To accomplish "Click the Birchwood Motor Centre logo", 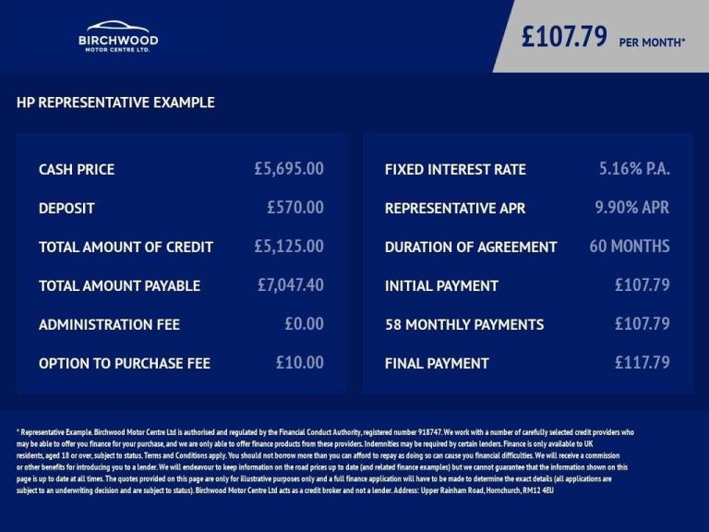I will [117, 37].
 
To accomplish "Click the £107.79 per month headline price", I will [603, 38].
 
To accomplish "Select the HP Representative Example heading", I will [115, 103].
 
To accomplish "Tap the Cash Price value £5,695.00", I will [289, 169].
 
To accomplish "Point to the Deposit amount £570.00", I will [295, 208].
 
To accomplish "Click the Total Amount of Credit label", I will [126, 248].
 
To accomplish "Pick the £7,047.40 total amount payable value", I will [291, 285].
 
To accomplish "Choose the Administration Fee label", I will [109, 325].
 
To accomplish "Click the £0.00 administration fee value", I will [304, 324].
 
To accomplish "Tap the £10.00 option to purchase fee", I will [300, 363].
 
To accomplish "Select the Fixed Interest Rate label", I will [455, 170].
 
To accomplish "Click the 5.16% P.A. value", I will [634, 169].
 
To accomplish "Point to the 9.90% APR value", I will [632, 208].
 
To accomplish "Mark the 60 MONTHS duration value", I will [630, 247].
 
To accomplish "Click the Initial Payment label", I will [441, 286].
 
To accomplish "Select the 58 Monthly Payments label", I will [464, 325].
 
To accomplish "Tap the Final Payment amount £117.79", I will [643, 363].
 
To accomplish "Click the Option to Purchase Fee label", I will [125, 364].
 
